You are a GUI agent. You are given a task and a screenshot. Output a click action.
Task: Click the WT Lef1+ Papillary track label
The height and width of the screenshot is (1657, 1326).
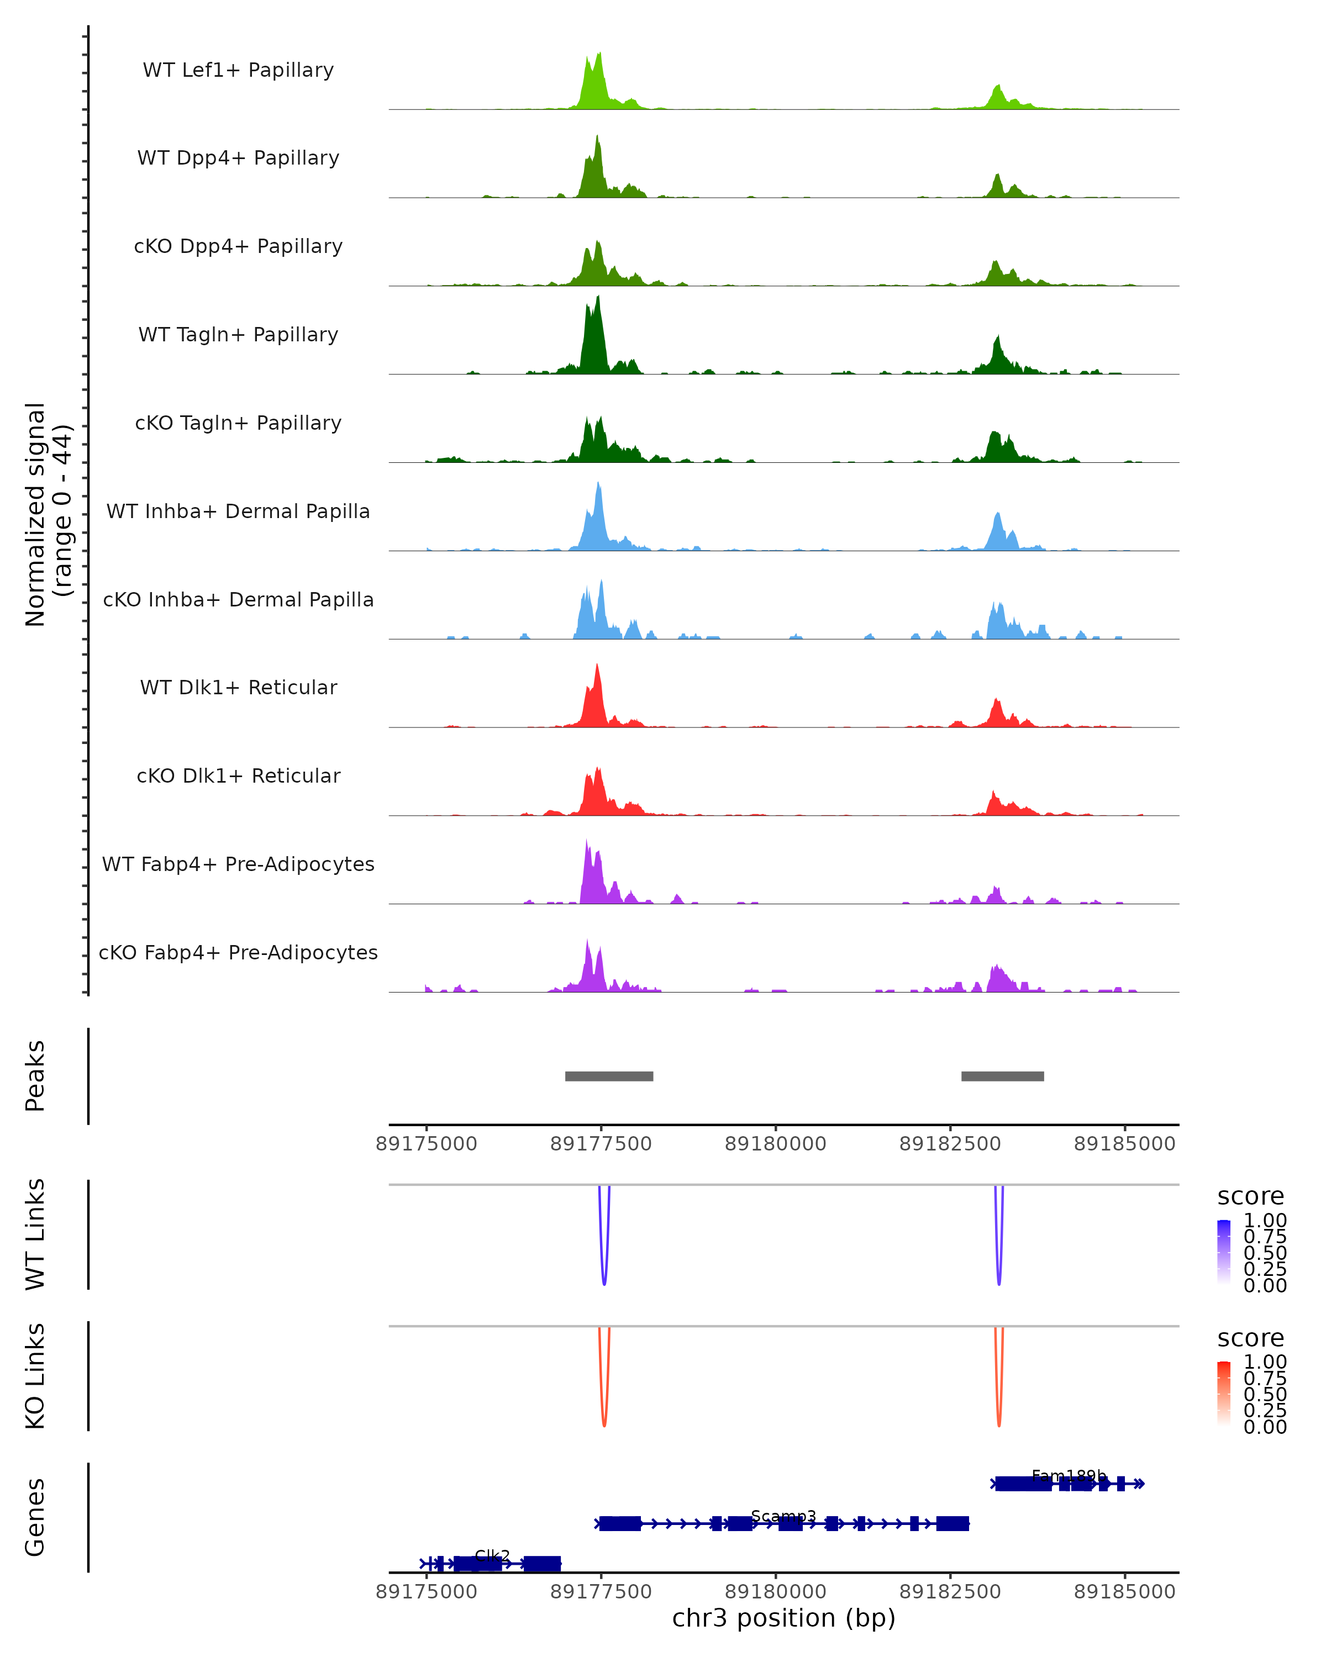click(x=238, y=70)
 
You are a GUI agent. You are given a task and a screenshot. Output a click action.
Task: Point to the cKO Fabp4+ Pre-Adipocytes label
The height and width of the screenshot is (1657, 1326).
click(x=238, y=952)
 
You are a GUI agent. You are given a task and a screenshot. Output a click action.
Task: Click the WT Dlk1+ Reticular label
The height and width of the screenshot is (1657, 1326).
click(x=238, y=687)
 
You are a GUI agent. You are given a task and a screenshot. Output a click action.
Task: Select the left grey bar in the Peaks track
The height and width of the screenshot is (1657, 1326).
click(x=609, y=1076)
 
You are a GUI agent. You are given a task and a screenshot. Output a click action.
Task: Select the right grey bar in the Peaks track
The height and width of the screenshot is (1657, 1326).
click(x=1002, y=1076)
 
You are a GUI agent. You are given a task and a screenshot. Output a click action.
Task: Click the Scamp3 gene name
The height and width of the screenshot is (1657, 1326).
click(x=783, y=1516)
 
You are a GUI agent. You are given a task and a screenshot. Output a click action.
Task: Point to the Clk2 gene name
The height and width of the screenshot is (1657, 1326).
click(x=492, y=1555)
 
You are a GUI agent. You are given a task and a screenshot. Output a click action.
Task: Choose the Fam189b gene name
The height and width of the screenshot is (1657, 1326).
click(x=1069, y=1476)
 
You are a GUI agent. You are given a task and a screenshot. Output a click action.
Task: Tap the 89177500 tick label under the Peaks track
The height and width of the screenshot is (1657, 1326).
click(x=601, y=1144)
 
